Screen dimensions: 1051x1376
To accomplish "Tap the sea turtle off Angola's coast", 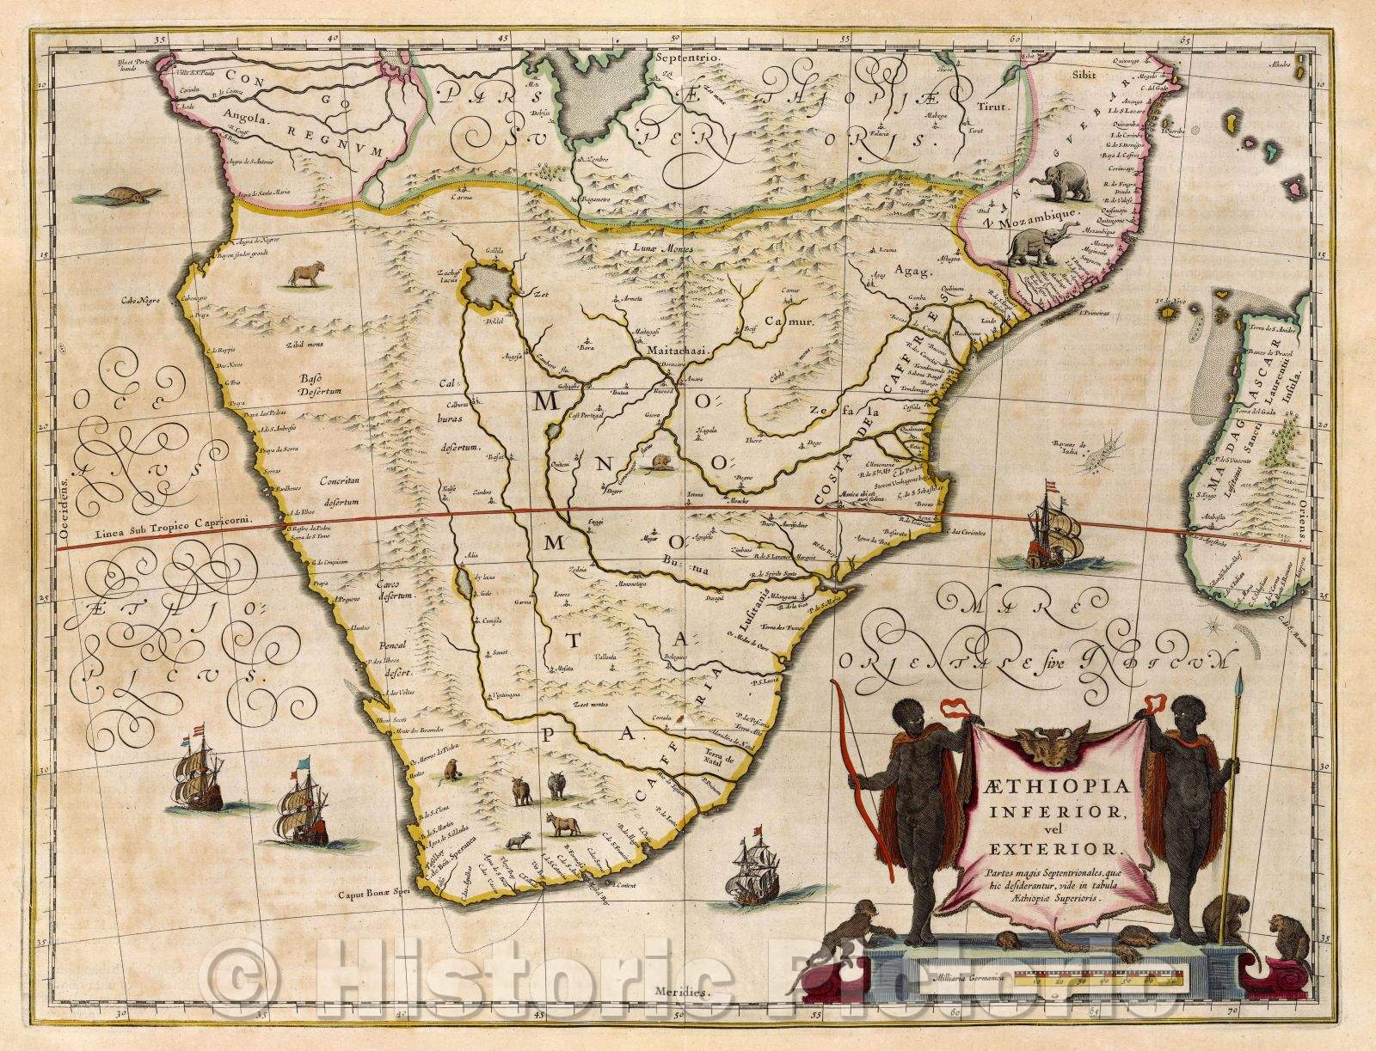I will coord(133,195).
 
